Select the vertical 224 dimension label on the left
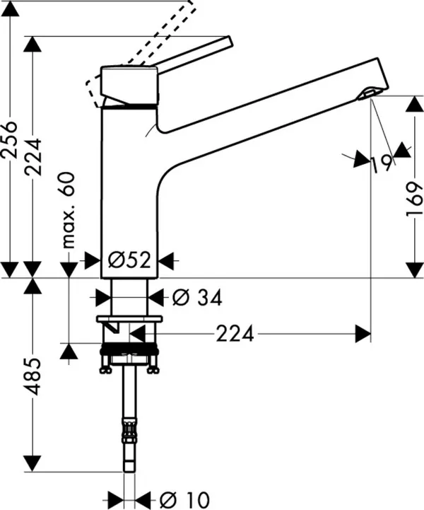coord(34,157)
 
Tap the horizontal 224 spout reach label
coord(235,334)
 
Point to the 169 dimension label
coord(415,199)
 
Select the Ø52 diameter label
coord(129,260)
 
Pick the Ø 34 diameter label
coord(197,297)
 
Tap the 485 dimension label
coord(34,376)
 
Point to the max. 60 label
coord(69,210)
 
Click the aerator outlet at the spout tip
coord(367,93)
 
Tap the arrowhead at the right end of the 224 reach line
coord(363,334)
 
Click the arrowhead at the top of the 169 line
coord(415,104)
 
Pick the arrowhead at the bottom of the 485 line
coord(33,463)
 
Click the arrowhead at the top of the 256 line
coord(10,8)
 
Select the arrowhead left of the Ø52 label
coord(93,260)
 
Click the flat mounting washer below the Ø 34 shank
coord(129,319)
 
